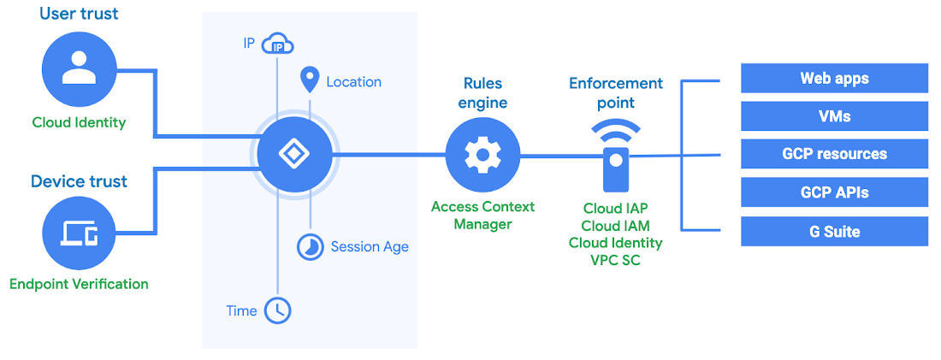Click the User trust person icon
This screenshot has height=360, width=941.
(79, 70)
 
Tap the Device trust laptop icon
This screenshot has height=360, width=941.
(79, 233)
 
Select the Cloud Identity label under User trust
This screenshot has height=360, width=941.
(79, 122)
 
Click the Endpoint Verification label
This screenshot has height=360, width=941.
(79, 284)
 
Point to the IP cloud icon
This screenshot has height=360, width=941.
(278, 44)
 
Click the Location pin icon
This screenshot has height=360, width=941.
(309, 81)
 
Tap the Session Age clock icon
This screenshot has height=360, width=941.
(309, 246)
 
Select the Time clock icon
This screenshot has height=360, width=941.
(277, 310)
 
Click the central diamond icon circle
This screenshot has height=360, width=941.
(294, 155)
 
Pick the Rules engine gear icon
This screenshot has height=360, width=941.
(482, 155)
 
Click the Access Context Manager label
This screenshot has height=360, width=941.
(482, 215)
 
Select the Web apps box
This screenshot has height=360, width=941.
(834, 78)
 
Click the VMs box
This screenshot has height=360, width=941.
(834, 116)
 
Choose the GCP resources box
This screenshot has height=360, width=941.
(834, 154)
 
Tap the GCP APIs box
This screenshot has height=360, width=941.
(834, 192)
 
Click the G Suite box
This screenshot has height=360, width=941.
(834, 232)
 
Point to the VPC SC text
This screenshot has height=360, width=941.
(615, 260)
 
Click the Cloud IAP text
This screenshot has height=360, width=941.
(615, 209)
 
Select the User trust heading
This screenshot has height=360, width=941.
(79, 14)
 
